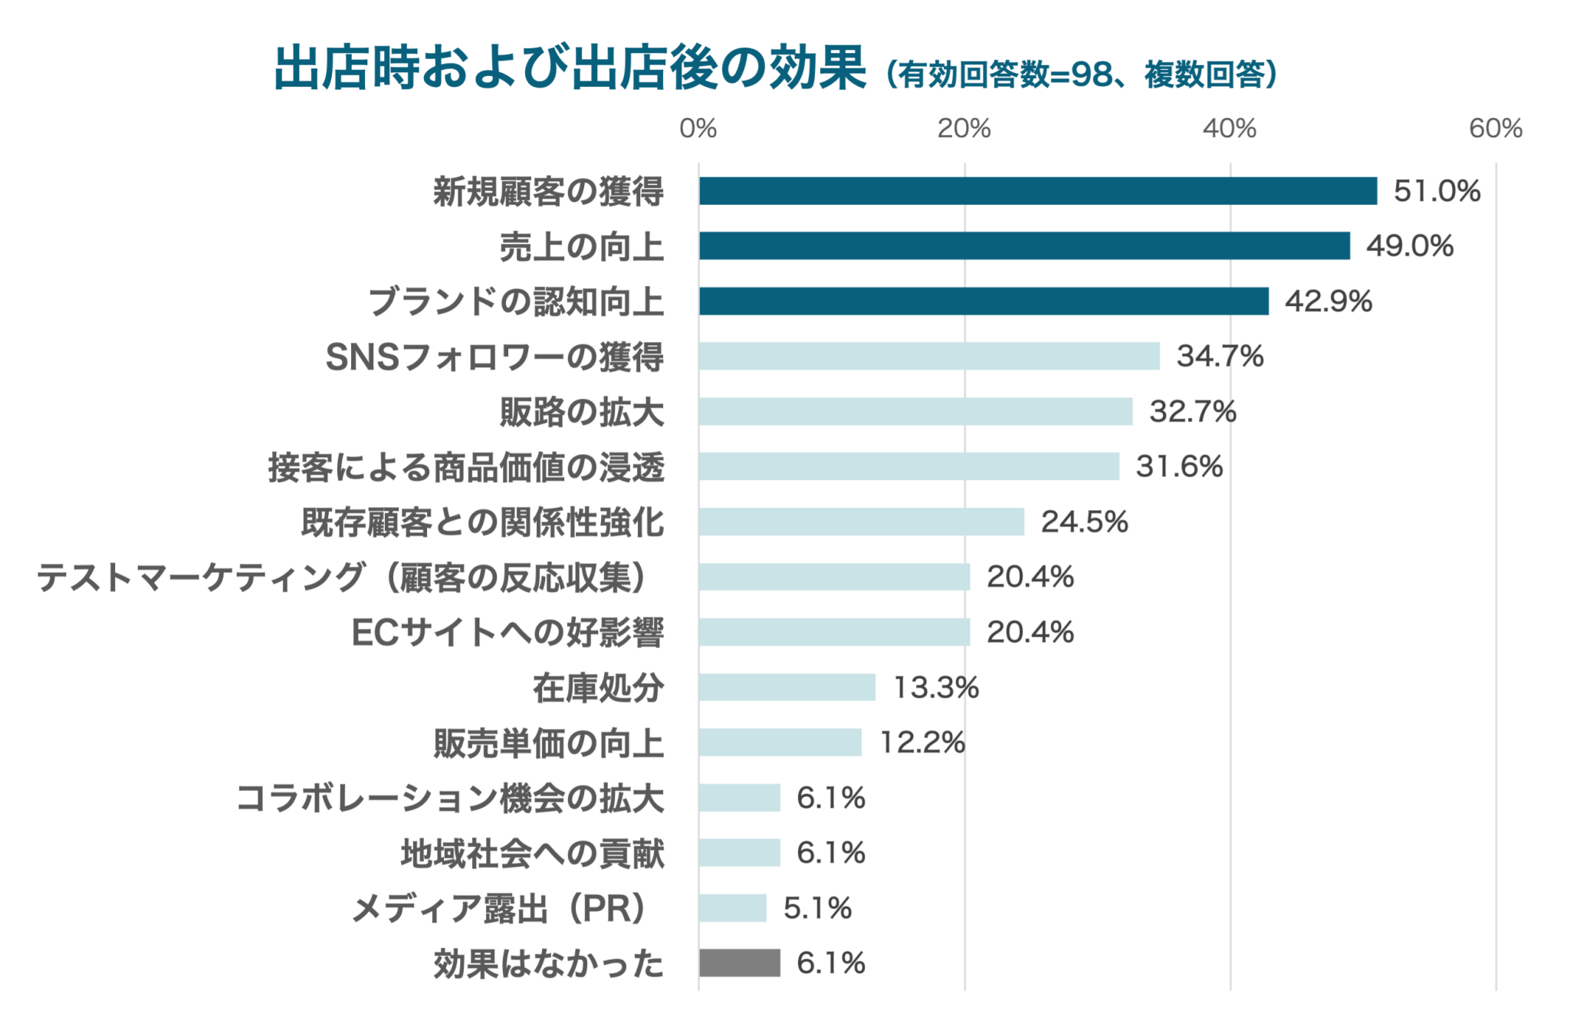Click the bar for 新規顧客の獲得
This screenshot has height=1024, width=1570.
(x=1037, y=191)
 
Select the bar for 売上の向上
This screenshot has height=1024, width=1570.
(x=1024, y=246)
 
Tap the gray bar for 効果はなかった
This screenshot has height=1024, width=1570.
(x=739, y=963)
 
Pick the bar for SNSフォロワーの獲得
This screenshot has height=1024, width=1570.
(x=929, y=356)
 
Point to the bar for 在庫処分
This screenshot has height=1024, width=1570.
(x=787, y=687)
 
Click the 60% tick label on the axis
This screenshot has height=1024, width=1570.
(x=1495, y=128)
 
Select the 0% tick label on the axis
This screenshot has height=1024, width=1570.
(x=698, y=128)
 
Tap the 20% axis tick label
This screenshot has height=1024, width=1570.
(x=964, y=128)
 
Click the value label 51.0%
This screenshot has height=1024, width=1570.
(x=1437, y=191)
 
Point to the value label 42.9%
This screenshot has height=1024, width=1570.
(x=1329, y=301)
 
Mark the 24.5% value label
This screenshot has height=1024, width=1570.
(x=1084, y=522)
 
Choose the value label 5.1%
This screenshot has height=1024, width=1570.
(x=817, y=908)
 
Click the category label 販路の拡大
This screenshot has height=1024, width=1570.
(x=582, y=412)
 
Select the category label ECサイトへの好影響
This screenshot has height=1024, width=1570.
(x=507, y=633)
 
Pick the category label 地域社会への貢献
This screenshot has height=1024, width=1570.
(x=532, y=854)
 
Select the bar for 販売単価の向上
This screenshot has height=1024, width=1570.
(x=780, y=742)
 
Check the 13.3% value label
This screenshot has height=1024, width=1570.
(x=936, y=687)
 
